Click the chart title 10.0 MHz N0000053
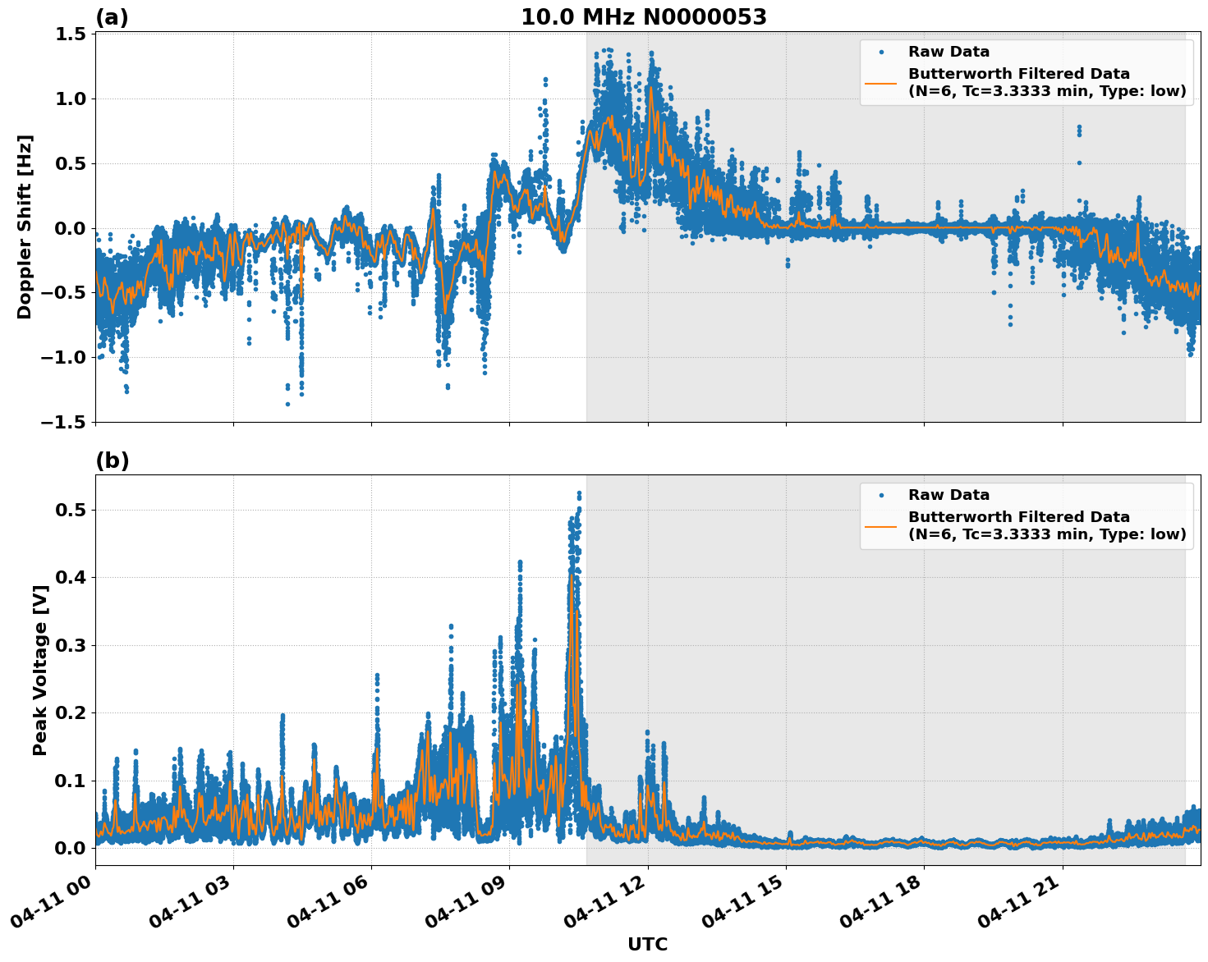(643, 17)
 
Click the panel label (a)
(112, 17)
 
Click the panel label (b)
(113, 460)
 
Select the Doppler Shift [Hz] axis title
(25, 227)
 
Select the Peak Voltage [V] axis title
(39, 670)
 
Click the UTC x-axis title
(647, 944)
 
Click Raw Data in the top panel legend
(948, 52)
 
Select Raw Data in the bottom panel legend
(948, 495)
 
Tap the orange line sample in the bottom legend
(880, 525)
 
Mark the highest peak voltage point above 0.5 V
(579, 493)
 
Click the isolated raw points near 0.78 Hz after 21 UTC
(1079, 129)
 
